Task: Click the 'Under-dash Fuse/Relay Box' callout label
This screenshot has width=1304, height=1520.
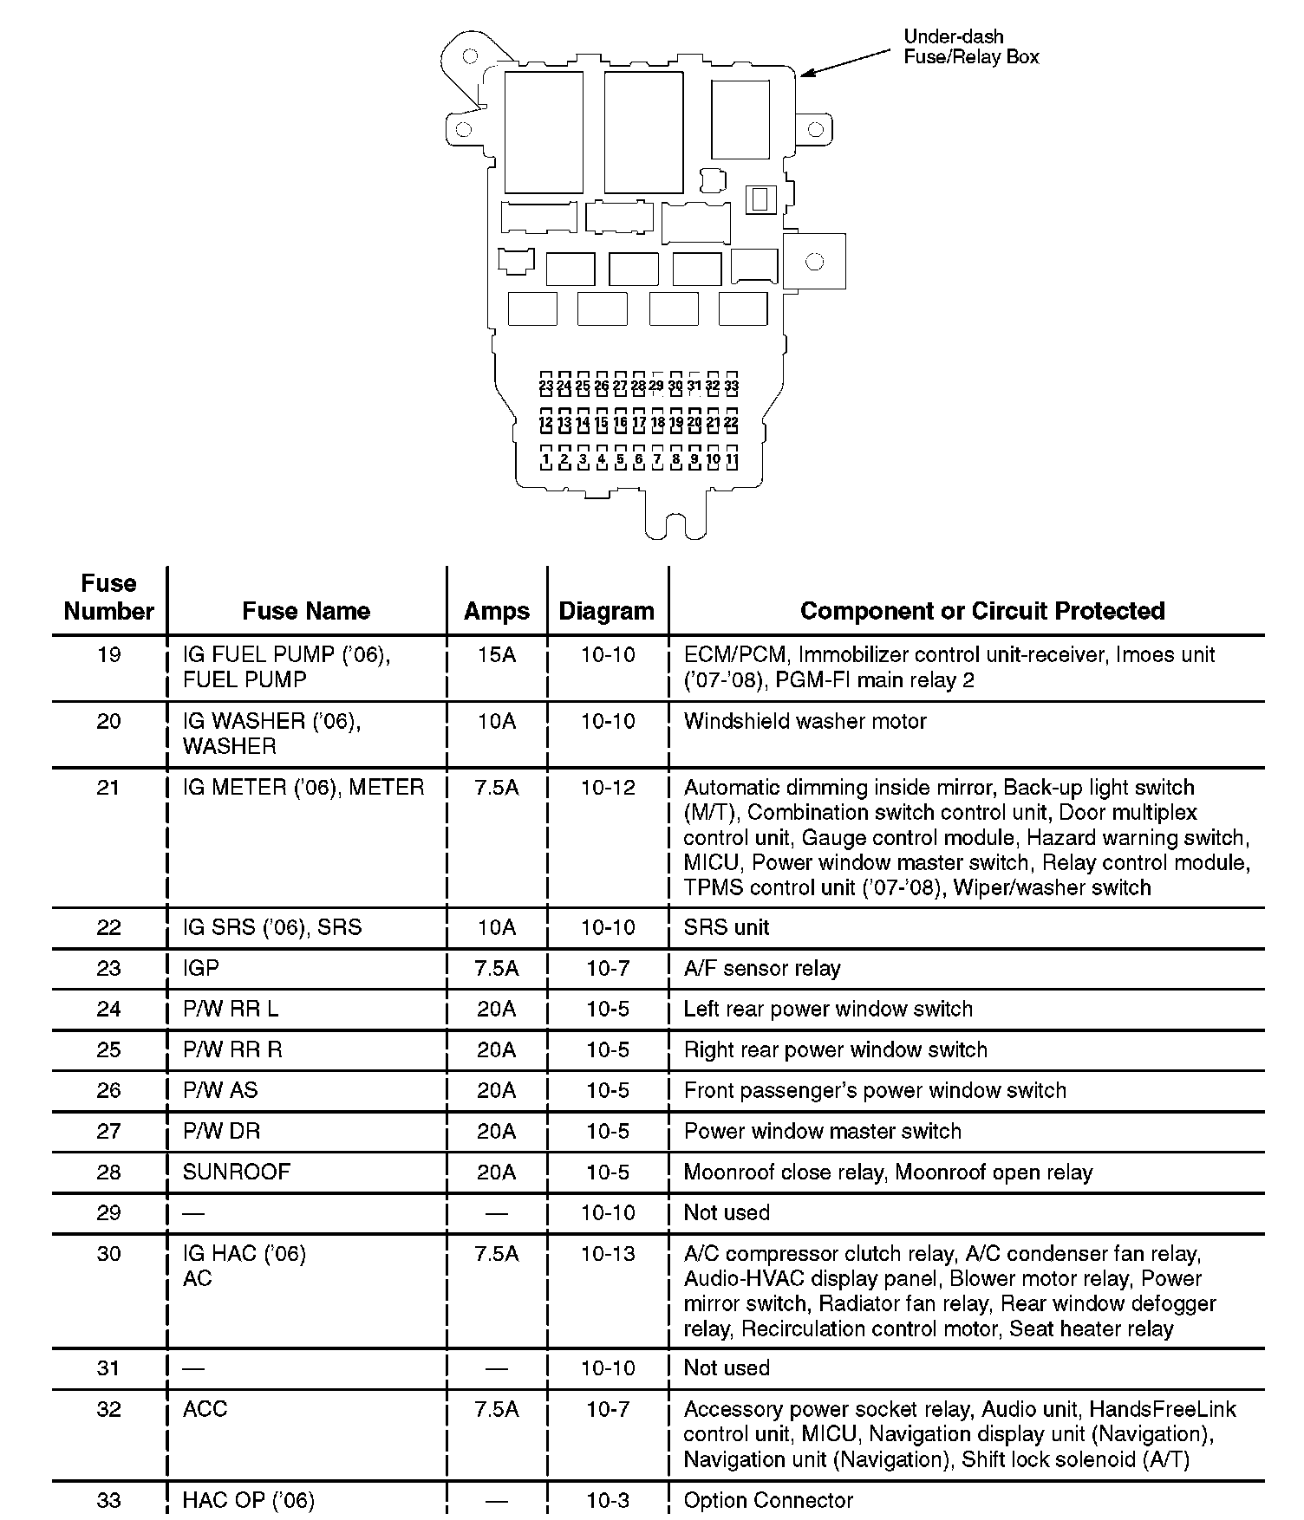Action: [x=970, y=47]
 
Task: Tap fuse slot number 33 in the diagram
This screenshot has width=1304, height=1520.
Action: [x=731, y=386]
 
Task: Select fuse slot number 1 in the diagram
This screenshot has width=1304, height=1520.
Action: [x=545, y=459]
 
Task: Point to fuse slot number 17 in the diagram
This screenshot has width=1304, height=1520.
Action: [x=639, y=423]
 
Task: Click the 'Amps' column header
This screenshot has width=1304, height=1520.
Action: [x=496, y=611]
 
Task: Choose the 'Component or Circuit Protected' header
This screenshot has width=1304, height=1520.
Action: [x=981, y=611]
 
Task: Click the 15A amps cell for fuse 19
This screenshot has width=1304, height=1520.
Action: [x=496, y=655]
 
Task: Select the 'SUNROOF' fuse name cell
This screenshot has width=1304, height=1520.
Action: [x=236, y=1172]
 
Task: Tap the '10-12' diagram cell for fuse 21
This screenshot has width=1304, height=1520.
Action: [x=608, y=788]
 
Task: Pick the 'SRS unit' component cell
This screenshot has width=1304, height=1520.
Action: [x=726, y=927]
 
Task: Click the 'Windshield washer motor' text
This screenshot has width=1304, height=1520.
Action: [x=805, y=721]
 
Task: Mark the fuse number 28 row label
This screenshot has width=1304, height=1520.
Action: [x=108, y=1172]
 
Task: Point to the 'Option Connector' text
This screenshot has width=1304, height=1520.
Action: [x=768, y=1500]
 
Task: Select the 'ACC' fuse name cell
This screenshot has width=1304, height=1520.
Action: [x=205, y=1409]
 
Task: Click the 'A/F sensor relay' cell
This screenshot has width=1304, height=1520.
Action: [x=761, y=968]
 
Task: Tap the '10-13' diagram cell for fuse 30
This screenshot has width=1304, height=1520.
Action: [x=608, y=1254]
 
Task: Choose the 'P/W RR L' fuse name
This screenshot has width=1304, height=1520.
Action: [x=231, y=1009]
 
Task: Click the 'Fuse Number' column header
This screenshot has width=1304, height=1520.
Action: [x=108, y=597]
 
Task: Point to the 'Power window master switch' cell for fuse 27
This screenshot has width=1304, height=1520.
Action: [x=822, y=1131]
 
